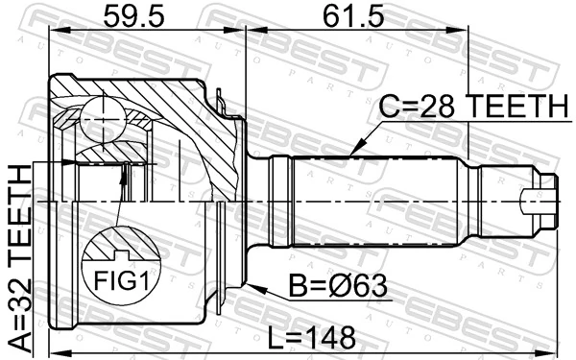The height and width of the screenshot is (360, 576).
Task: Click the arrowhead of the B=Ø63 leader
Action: coord(251,286)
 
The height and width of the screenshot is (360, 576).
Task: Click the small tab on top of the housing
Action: coord(222,96)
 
